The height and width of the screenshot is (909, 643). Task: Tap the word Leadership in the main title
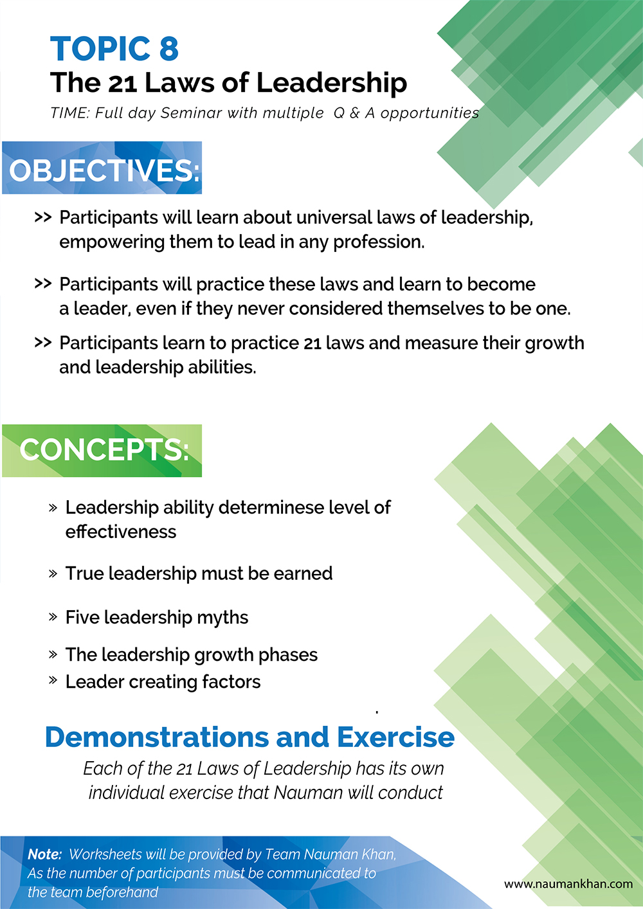pos(331,83)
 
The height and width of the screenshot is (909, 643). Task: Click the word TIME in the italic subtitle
pos(69,113)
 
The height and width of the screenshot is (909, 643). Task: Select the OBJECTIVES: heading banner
pos(102,168)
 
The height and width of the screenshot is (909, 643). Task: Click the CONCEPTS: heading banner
pos(102,451)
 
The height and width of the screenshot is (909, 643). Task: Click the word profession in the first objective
pos(379,242)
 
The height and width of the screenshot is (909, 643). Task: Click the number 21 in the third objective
pos(312,344)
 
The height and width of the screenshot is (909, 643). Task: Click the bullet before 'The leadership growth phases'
pos(53,654)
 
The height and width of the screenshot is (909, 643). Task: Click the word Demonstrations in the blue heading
pos(157,737)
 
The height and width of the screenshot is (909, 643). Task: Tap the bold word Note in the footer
pos(44,854)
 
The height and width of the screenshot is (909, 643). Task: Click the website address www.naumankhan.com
pos(568,884)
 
